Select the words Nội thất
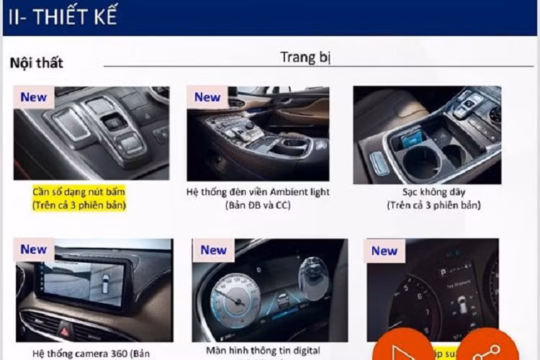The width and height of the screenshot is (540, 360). click(x=36, y=63)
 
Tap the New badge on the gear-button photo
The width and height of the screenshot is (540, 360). click(x=33, y=97)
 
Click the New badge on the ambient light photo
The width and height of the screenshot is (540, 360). click(x=207, y=97)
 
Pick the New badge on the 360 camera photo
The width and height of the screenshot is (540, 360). click(x=33, y=249)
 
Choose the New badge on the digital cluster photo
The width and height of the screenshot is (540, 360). click(x=213, y=250)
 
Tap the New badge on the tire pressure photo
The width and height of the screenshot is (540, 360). click(x=384, y=251)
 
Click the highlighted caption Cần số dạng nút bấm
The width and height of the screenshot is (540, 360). click(x=78, y=192)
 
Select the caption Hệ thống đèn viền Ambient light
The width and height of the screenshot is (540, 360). click(x=257, y=192)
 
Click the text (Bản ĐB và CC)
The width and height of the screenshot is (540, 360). click(x=257, y=205)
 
